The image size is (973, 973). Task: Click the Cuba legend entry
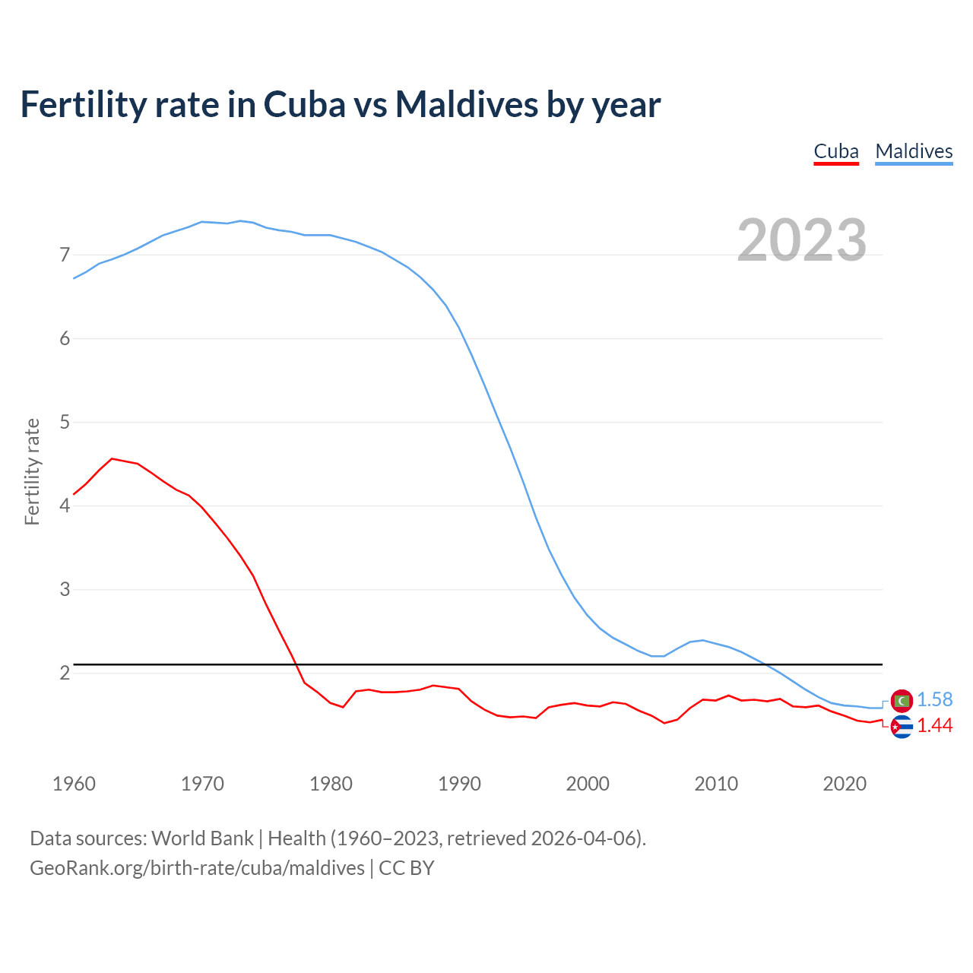pyautogui.click(x=835, y=151)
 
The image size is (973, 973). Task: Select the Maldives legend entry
pyautogui.click(x=914, y=151)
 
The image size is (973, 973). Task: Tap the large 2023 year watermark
pyautogui.click(x=801, y=240)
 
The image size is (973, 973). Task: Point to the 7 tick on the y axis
pyautogui.click(x=65, y=255)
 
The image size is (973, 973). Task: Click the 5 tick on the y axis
pyautogui.click(x=65, y=422)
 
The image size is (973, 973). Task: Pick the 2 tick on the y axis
pyautogui.click(x=65, y=673)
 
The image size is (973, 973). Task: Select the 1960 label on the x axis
pyautogui.click(x=74, y=784)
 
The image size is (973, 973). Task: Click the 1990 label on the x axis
pyautogui.click(x=459, y=784)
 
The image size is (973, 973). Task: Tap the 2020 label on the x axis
pyautogui.click(x=845, y=784)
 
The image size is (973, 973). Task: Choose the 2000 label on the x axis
pyautogui.click(x=588, y=784)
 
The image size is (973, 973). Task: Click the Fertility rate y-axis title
pyautogui.click(x=32, y=471)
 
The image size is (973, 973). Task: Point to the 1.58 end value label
pyautogui.click(x=934, y=699)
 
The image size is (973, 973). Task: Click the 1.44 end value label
pyautogui.click(x=934, y=726)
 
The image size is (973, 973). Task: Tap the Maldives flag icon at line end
pyautogui.click(x=902, y=700)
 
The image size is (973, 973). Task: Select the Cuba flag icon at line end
pyautogui.click(x=902, y=727)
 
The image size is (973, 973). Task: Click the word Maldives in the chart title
pyautogui.click(x=466, y=104)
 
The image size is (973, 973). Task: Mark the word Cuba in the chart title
pyautogui.click(x=304, y=104)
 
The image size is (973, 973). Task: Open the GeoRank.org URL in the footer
pyautogui.click(x=197, y=868)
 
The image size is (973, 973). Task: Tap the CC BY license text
pyautogui.click(x=407, y=868)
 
